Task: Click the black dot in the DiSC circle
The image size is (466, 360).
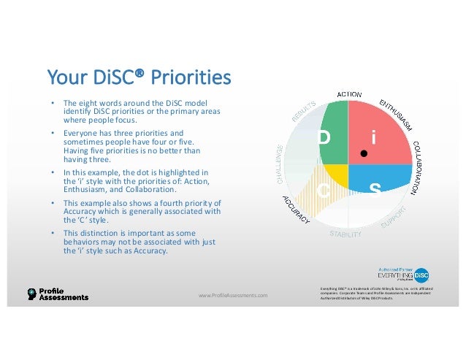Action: tap(362, 154)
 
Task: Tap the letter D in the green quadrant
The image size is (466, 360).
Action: tap(325, 137)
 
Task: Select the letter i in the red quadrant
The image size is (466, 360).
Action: tap(373, 137)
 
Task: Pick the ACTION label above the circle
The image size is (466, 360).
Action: tap(349, 93)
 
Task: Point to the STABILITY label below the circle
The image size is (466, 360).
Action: tap(345, 234)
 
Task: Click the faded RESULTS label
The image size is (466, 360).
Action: tap(306, 111)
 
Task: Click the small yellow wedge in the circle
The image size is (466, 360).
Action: tap(337, 175)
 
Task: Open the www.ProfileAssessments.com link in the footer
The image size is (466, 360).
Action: tap(233, 295)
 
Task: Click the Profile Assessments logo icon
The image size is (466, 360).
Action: tap(31, 294)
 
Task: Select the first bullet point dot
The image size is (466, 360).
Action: tap(51, 103)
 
